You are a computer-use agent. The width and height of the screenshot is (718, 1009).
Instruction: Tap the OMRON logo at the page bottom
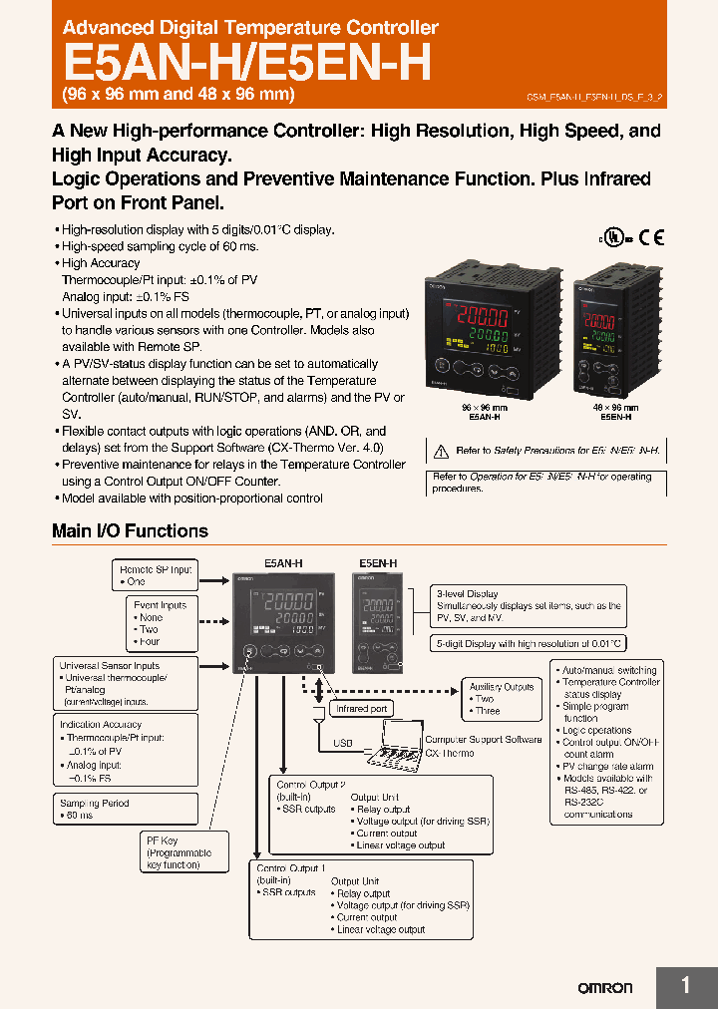(x=605, y=987)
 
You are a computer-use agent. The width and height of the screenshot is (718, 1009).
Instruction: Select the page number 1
(x=685, y=985)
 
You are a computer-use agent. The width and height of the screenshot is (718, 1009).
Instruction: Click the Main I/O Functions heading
(x=130, y=531)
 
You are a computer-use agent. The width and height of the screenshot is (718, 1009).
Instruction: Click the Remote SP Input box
(x=156, y=574)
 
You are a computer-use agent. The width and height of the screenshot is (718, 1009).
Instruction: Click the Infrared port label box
(x=361, y=708)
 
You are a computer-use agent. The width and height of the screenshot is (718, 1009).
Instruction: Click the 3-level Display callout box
(x=529, y=605)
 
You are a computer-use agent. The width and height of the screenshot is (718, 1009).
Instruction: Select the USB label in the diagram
(x=343, y=743)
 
